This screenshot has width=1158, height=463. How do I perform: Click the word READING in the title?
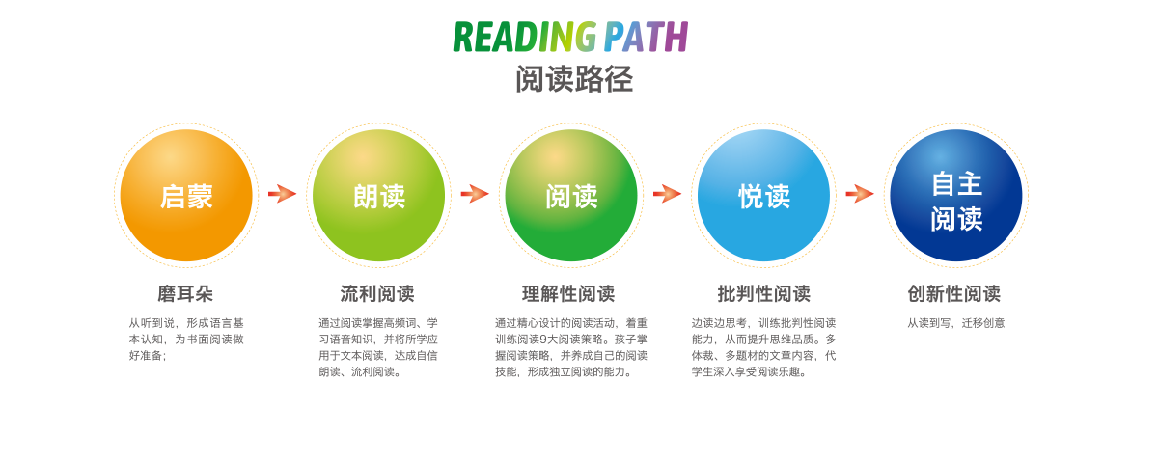(x=524, y=37)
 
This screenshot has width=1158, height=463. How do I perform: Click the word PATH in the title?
(x=646, y=37)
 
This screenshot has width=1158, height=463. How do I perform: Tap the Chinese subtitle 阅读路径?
(x=574, y=79)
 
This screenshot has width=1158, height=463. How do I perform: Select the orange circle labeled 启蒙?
(x=186, y=195)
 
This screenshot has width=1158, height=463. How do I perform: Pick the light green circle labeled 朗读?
(x=378, y=195)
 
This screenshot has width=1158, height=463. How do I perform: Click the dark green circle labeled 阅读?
(x=571, y=195)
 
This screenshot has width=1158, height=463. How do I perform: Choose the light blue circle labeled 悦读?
(x=763, y=195)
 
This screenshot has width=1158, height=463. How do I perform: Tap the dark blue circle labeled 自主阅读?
(x=956, y=195)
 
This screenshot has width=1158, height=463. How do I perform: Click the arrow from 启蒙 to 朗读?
(x=282, y=194)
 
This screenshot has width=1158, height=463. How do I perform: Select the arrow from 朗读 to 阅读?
(x=475, y=194)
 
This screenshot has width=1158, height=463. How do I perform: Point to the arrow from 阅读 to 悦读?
(x=668, y=194)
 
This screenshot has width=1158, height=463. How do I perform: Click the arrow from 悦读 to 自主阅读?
(x=860, y=194)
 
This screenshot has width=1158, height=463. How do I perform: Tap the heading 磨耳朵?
(x=185, y=294)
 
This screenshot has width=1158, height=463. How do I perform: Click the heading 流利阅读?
(x=377, y=294)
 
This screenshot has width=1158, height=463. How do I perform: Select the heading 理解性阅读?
(x=568, y=294)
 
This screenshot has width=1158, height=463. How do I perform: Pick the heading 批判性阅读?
(x=763, y=294)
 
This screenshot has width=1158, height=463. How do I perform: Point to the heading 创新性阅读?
(x=954, y=294)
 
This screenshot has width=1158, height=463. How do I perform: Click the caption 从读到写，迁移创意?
(x=956, y=323)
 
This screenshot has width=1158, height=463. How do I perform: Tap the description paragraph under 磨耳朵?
(x=186, y=340)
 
